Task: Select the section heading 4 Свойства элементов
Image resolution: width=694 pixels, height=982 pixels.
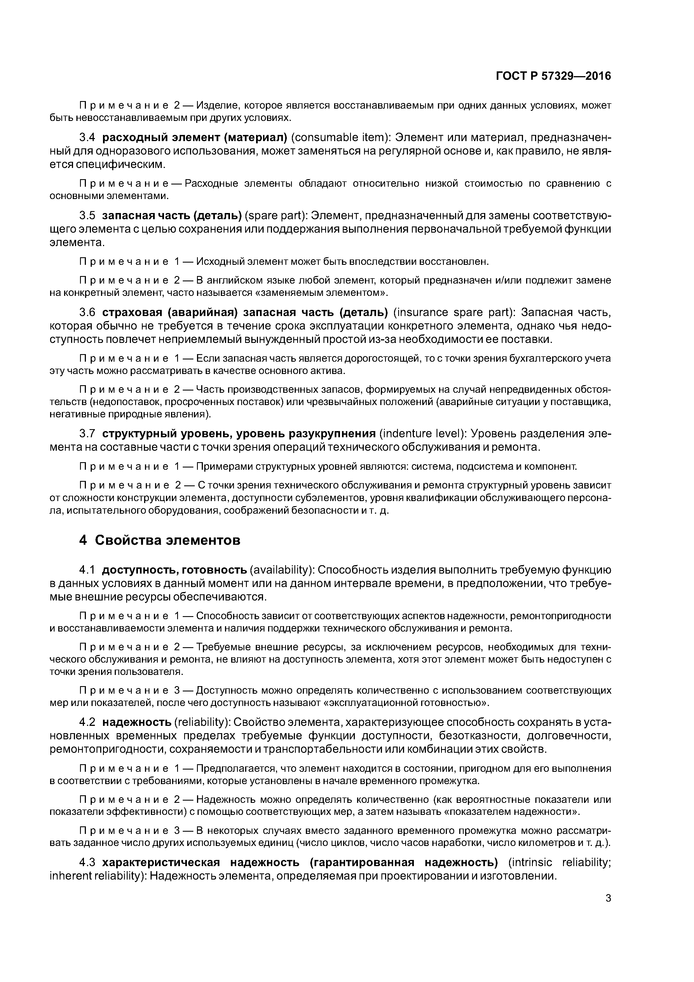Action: point(160,540)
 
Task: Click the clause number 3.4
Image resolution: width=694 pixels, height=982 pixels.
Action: point(88,138)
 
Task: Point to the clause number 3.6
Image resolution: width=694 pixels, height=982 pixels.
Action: point(88,313)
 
